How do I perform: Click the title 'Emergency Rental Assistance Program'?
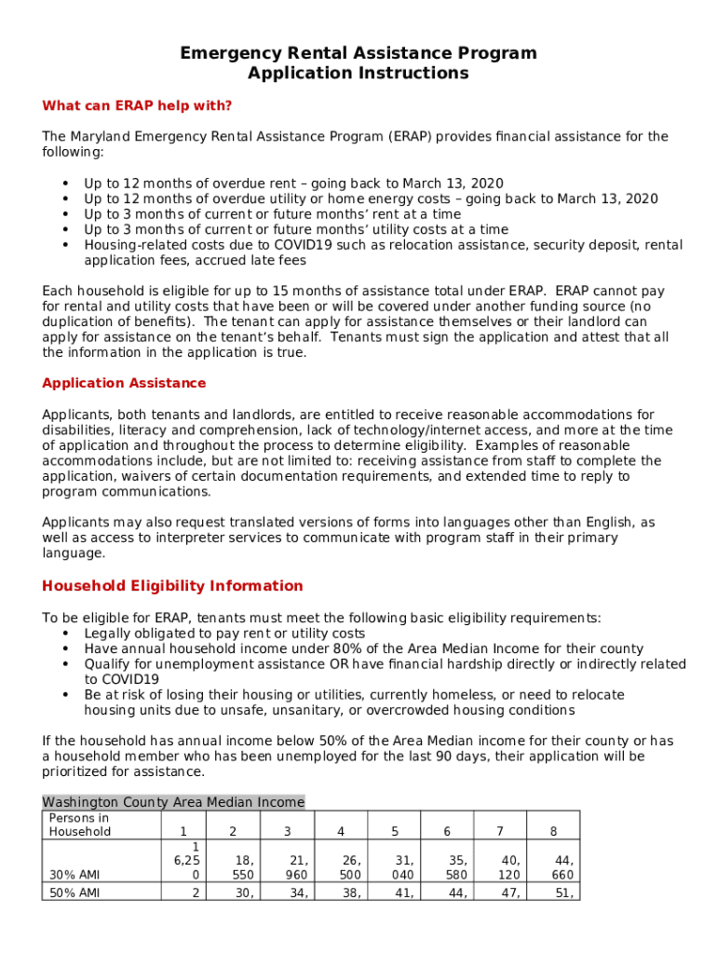coord(358,53)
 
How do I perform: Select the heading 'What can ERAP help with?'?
coord(137,105)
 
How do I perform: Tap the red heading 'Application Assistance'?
coord(124,384)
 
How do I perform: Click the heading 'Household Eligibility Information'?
coord(172,586)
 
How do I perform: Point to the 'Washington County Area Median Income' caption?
coord(173,802)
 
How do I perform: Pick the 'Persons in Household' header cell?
coord(79,825)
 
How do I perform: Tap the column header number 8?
coord(554,831)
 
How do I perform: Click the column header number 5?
coord(395,831)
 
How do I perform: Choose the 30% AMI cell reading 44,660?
coord(562,868)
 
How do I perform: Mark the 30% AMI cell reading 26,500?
coord(350,868)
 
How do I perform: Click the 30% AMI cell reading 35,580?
coord(456,868)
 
